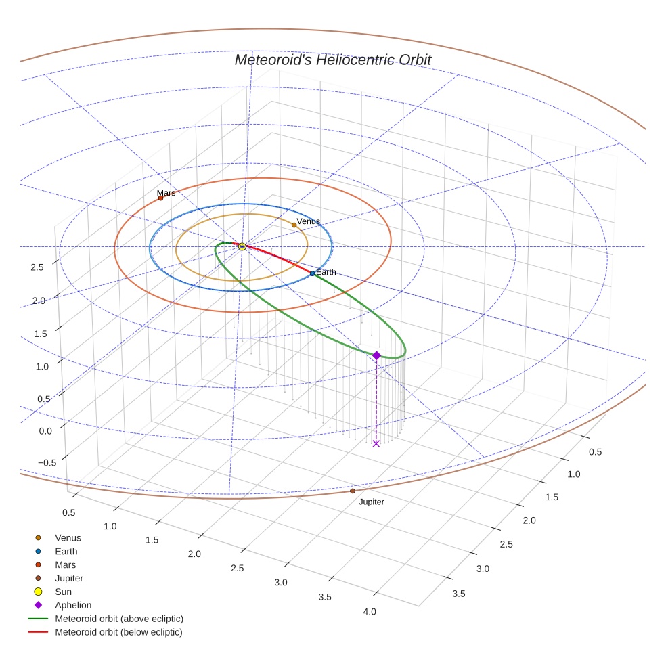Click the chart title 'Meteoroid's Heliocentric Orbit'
pos(332,60)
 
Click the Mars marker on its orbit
pos(160,198)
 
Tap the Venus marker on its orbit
pos(294,225)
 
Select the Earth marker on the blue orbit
pos(312,273)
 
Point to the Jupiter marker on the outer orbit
pos(353,491)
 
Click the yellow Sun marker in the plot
pos(242,246)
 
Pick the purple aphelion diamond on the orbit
pos(377,355)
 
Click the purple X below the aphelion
pos(376,443)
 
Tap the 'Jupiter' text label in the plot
pos(372,502)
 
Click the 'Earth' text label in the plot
pos(326,272)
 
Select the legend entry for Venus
pos(68,538)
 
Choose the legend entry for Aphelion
pos(73,605)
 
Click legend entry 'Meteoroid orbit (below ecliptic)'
pos(118,632)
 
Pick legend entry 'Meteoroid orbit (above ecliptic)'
pos(119,619)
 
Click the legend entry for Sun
pos(64,592)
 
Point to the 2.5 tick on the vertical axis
pos(37,267)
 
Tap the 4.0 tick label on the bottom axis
pos(370,612)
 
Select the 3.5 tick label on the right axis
pos(459,594)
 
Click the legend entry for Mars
pos(65,564)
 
